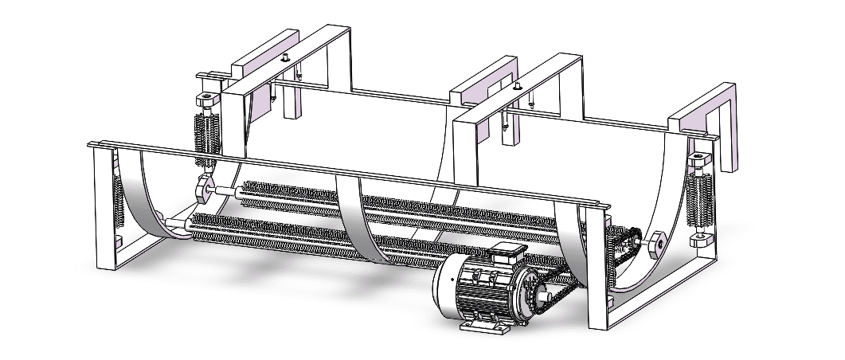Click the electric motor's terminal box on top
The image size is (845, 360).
(x=503, y=256)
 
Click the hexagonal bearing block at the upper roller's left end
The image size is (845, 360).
(x=202, y=190)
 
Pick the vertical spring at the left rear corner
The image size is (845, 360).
(x=205, y=131)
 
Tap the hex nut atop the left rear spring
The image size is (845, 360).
(x=205, y=100)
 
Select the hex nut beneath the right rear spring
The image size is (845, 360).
(x=702, y=237)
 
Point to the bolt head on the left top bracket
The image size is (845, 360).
(x=284, y=57)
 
